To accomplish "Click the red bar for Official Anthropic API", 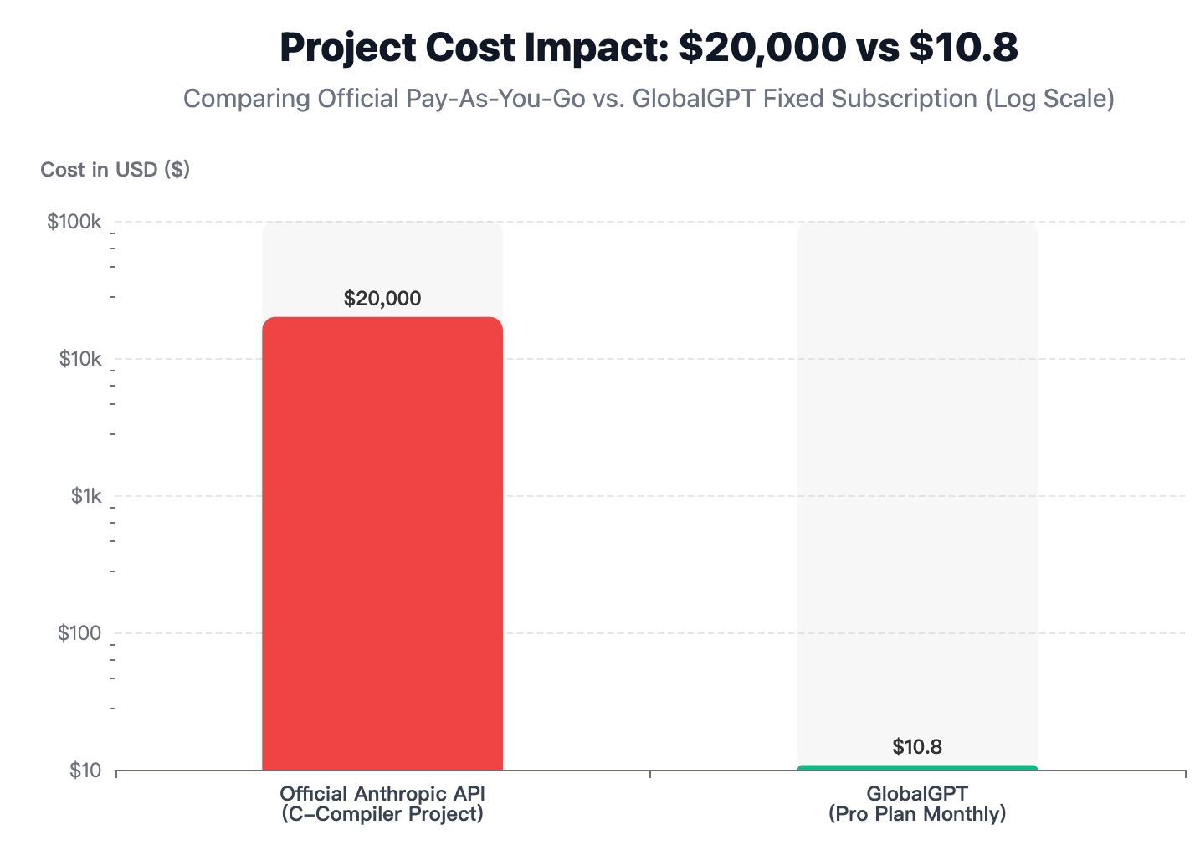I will [382, 544].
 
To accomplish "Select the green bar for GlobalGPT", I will [917, 767].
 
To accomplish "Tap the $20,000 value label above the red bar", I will [382, 299].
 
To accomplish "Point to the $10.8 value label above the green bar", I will [917, 747].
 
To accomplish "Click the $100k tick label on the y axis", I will [74, 223].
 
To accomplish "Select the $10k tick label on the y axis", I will [79, 360].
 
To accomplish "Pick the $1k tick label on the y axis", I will [86, 496].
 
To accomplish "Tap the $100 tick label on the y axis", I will [79, 633].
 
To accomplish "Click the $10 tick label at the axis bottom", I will [85, 771].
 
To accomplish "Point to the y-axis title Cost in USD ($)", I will [115, 170].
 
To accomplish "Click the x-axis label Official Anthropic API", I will [382, 793].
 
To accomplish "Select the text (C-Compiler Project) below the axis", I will [382, 813].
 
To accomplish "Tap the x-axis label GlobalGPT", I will [917, 793].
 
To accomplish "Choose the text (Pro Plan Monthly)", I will [917, 813].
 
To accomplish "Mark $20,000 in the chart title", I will [762, 48].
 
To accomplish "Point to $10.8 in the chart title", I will [963, 48].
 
